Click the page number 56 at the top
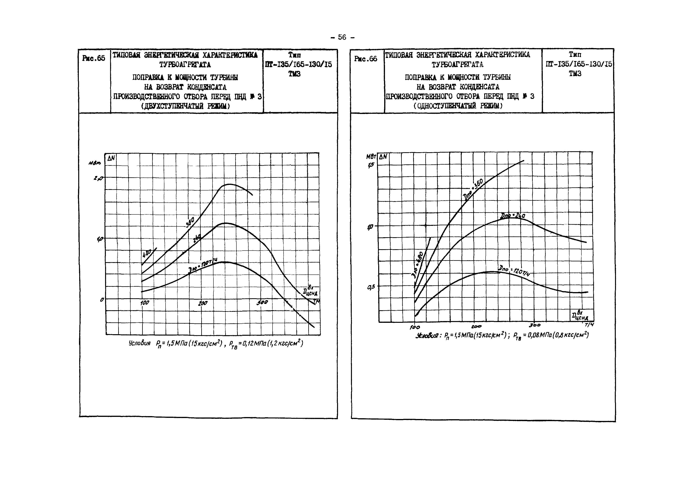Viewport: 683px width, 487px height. coord(342,37)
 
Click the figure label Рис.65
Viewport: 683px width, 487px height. coord(93,58)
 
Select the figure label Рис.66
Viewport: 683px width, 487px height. coord(365,59)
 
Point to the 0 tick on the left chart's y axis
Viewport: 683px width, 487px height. coord(102,299)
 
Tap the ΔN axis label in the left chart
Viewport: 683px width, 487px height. coord(111,158)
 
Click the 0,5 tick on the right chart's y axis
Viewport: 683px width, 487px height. coord(371,287)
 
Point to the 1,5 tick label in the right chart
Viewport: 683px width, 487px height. coord(371,165)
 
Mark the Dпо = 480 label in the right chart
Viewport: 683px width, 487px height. coord(418,264)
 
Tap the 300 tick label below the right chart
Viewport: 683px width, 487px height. coord(535,325)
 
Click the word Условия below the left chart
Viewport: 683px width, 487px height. coord(139,343)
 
